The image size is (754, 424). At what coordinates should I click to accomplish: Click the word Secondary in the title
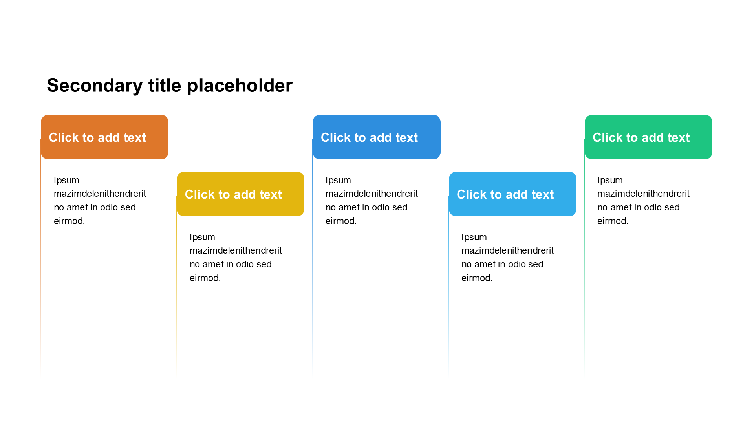[x=95, y=86]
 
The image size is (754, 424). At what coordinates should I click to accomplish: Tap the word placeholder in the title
[x=240, y=86]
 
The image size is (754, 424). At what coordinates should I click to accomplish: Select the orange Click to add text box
[x=104, y=137]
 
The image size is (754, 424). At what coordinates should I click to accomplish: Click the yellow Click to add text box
[x=240, y=194]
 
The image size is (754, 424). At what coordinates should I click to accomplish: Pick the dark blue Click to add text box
[x=377, y=137]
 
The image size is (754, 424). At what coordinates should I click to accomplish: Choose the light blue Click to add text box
[x=512, y=194]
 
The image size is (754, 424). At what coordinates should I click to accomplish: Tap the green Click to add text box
[x=648, y=137]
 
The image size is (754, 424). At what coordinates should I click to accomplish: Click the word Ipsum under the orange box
[x=66, y=181]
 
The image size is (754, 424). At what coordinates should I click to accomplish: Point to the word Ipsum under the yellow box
[x=202, y=238]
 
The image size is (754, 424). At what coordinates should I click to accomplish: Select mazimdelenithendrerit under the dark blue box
[x=372, y=194]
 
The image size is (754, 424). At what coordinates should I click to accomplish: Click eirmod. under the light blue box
[x=477, y=278]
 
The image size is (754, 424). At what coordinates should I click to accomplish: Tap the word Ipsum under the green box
[x=610, y=181]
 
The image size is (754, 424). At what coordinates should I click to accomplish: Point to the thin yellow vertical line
[x=177, y=287]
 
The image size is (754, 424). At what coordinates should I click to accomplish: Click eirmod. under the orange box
[x=69, y=221]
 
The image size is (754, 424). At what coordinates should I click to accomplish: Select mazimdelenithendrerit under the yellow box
[x=236, y=250]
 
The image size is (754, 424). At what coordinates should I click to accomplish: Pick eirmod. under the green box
[x=613, y=221]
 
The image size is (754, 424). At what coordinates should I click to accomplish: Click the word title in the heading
[x=165, y=86]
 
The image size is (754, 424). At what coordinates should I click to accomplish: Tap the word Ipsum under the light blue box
[x=474, y=238]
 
